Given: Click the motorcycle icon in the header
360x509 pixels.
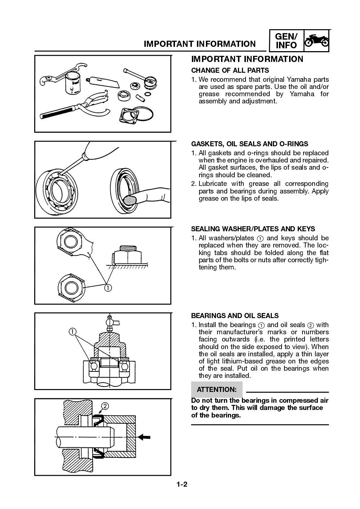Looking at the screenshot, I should click(316, 40).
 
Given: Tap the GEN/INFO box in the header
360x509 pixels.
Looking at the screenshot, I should click(286, 41).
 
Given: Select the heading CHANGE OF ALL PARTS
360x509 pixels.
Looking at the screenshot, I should click(230, 70).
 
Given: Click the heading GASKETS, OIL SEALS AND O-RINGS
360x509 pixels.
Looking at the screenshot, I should click(249, 144).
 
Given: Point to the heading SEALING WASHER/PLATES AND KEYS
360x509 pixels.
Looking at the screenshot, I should click(253, 229).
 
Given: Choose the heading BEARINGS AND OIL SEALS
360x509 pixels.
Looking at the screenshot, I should click(235, 316).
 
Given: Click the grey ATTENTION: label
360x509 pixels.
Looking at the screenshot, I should click(216, 389).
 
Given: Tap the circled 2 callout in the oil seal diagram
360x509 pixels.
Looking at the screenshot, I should click(105, 406).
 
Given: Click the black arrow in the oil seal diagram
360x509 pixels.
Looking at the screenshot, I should click(145, 437).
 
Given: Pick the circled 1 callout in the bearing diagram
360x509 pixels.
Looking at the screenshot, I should click(73, 331).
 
